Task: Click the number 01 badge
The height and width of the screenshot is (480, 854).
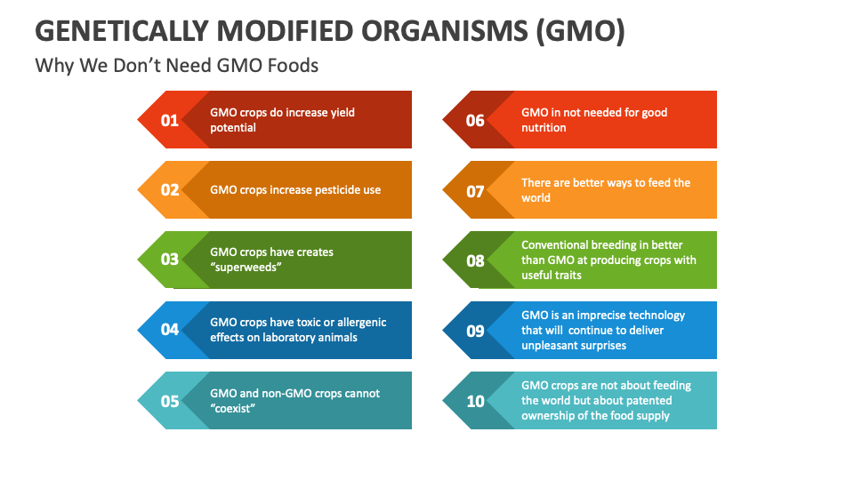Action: (x=170, y=120)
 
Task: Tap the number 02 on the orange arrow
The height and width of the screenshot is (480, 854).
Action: (x=170, y=189)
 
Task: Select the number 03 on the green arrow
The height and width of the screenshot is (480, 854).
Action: (x=170, y=260)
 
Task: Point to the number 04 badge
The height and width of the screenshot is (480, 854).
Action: (x=170, y=330)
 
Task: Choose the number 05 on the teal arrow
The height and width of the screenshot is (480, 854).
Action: (x=170, y=401)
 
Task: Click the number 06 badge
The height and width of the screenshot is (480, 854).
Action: (x=475, y=120)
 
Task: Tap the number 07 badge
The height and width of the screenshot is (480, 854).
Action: (x=475, y=190)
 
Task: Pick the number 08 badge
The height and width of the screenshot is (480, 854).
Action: (x=475, y=260)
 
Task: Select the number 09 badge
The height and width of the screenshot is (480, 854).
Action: (x=475, y=331)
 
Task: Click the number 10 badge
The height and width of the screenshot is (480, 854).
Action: (x=475, y=401)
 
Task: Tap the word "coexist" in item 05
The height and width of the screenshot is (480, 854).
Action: (x=233, y=408)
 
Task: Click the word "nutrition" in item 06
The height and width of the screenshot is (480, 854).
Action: (x=544, y=128)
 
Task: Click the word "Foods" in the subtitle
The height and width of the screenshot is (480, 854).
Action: (x=294, y=66)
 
